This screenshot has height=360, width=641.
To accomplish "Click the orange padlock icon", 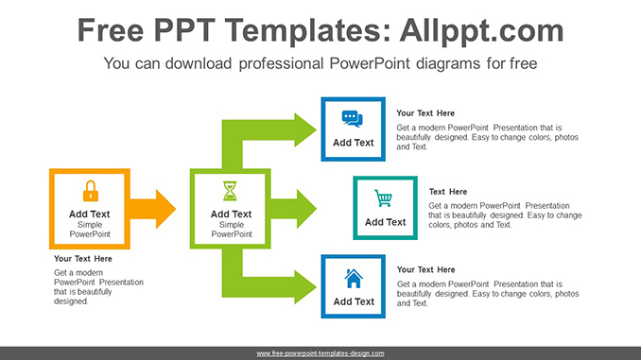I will [x=90, y=191].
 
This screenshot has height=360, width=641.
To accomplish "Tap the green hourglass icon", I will [x=231, y=191].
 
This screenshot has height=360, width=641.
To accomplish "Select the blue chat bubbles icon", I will [x=353, y=119].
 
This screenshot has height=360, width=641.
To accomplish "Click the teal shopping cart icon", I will [x=384, y=198].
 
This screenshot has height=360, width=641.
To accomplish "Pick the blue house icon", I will [x=353, y=278].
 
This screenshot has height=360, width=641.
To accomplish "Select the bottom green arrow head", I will [x=303, y=285].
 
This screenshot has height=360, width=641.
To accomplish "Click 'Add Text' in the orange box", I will [x=90, y=214].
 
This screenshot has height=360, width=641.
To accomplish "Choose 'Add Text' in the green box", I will [x=231, y=214].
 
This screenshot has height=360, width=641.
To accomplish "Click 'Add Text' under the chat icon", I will [x=353, y=143].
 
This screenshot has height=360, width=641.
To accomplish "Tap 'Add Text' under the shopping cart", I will [x=385, y=222].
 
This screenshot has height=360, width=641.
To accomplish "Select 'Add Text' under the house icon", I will [x=353, y=302].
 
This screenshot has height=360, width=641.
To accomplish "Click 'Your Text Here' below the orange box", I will [x=83, y=259].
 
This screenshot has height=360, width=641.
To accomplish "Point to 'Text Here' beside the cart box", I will [x=448, y=192].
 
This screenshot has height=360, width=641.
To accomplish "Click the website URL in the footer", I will [x=320, y=353].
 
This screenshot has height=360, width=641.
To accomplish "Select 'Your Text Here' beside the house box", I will [x=425, y=270].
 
